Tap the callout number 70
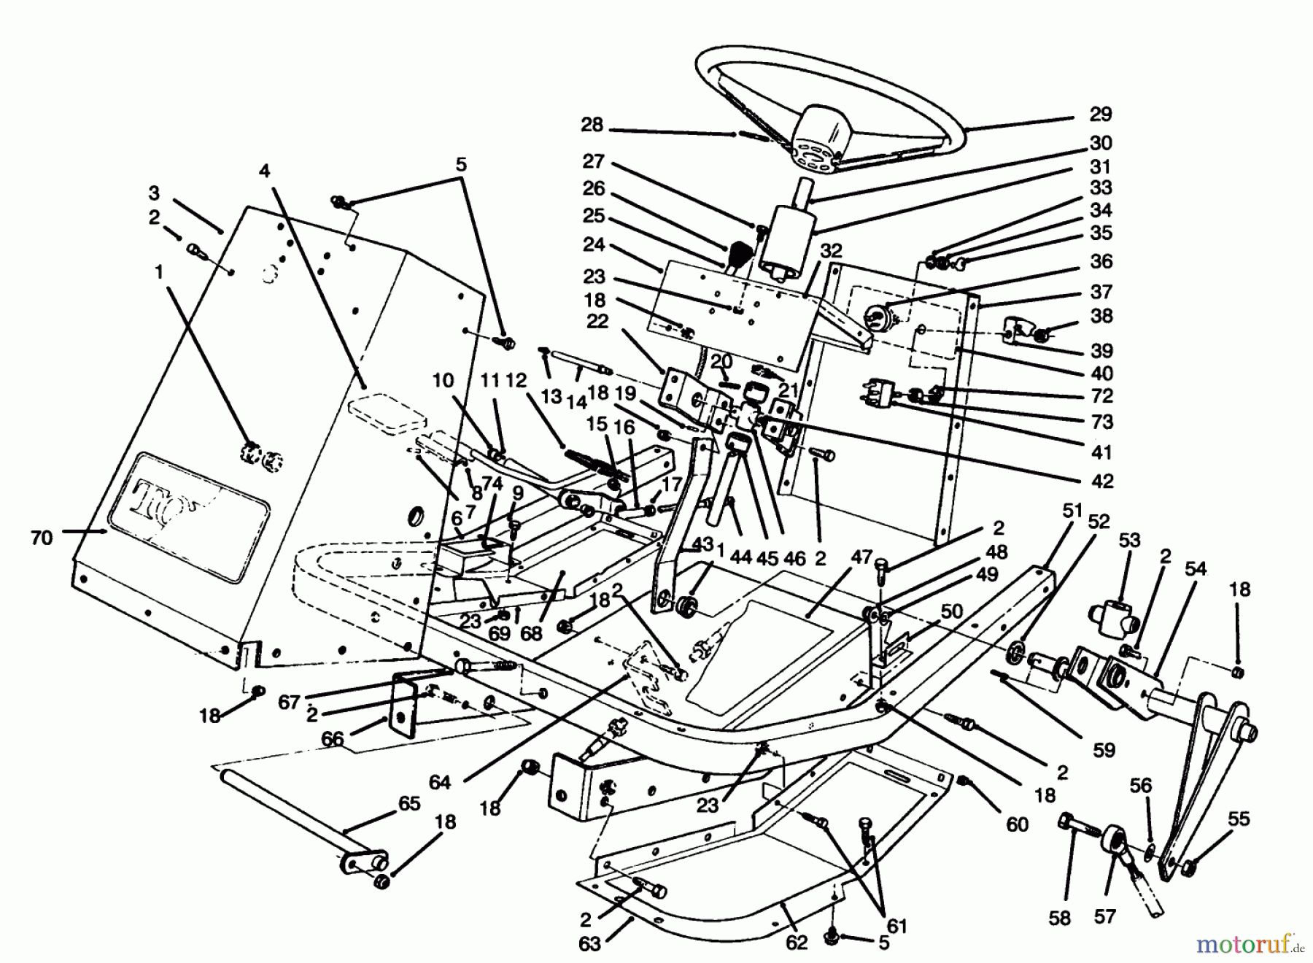tap(42, 538)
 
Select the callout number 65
tap(409, 803)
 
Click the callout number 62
tap(797, 943)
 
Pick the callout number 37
tap(1101, 292)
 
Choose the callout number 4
tap(264, 171)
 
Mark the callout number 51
tap(1072, 511)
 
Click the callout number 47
tap(861, 557)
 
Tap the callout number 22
tap(597, 322)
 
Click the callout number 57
tap(1105, 916)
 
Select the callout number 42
tap(1102, 481)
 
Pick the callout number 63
tap(589, 944)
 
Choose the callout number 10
tap(443, 381)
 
